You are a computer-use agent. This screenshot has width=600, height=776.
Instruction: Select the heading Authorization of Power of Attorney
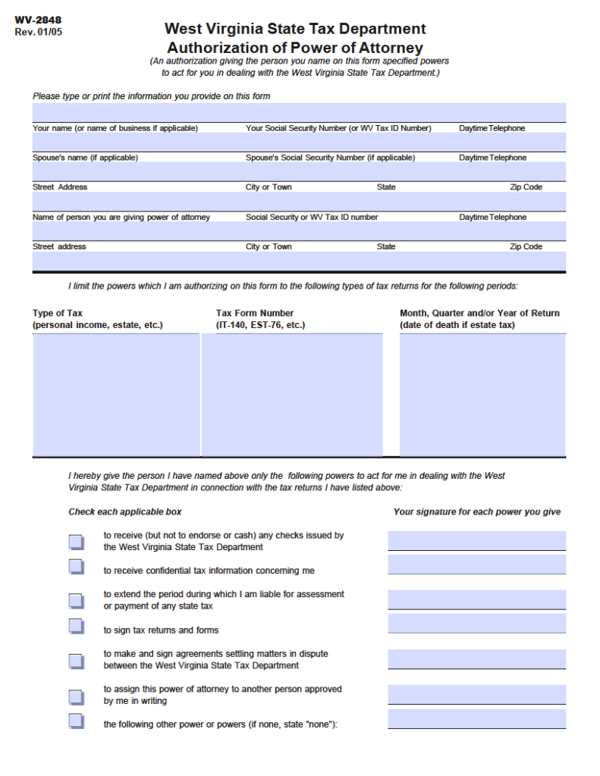click(x=295, y=48)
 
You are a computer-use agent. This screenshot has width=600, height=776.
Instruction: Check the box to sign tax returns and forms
click(x=76, y=626)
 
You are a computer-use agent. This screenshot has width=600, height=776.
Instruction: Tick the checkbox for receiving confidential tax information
click(x=76, y=566)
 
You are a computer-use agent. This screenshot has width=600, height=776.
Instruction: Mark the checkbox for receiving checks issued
click(x=76, y=541)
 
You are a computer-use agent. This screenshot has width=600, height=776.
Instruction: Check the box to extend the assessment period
click(x=76, y=600)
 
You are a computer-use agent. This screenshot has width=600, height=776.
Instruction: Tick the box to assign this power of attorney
click(x=76, y=696)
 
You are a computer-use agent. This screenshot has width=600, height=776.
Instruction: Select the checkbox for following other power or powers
click(x=76, y=720)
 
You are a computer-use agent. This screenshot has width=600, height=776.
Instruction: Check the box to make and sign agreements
click(x=76, y=660)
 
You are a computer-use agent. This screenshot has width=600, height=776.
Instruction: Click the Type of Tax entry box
click(x=116, y=395)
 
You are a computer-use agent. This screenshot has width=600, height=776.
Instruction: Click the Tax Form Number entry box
click(x=292, y=395)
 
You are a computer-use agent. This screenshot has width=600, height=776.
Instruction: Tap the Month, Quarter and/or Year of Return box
click(x=482, y=395)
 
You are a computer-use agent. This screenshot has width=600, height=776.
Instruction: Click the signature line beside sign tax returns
click(x=476, y=624)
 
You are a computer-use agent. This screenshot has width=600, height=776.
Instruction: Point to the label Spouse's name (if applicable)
click(x=85, y=158)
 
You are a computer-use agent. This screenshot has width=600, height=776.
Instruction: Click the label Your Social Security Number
click(x=338, y=128)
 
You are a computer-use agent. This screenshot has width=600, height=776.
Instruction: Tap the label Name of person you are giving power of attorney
click(x=121, y=217)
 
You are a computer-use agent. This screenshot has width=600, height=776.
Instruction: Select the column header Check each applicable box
click(x=125, y=512)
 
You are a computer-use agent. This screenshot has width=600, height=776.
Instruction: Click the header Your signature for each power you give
click(x=477, y=512)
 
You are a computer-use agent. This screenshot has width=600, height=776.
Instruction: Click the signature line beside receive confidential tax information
click(x=476, y=565)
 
